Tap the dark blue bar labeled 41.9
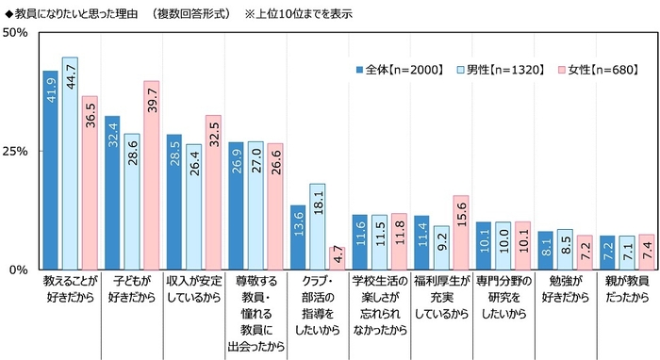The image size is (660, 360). click(x=50, y=170)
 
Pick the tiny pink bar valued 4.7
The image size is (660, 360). click(x=336, y=258)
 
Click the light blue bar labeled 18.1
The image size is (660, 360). click(x=317, y=226)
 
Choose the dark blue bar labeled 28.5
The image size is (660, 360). click(x=173, y=202)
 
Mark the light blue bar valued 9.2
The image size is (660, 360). click(x=440, y=247)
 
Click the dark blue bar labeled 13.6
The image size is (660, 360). click(x=297, y=237)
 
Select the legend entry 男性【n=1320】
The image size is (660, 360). click(x=496, y=71)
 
